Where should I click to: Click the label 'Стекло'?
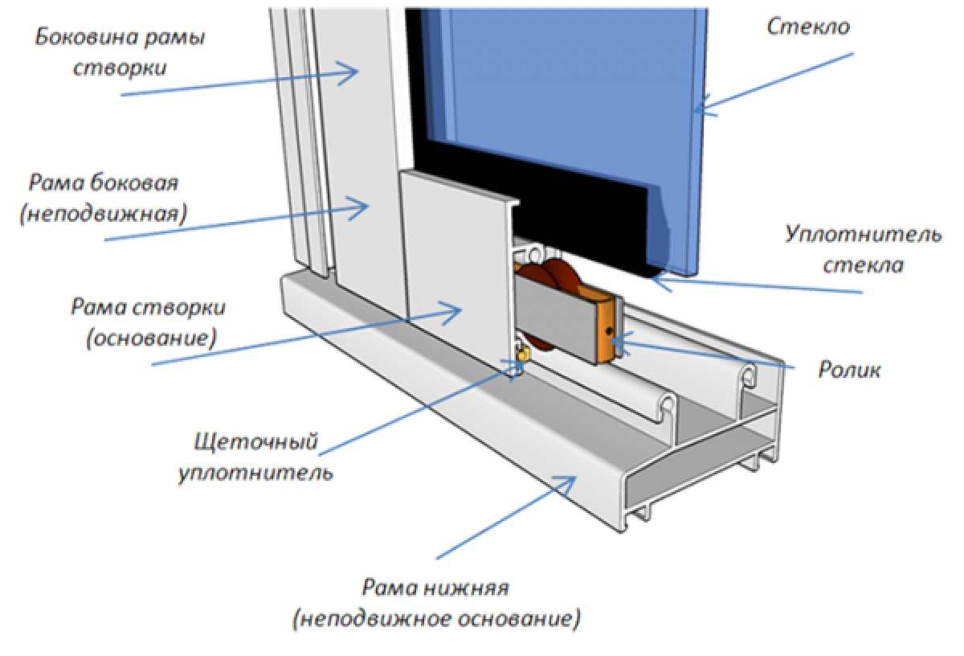click(808, 27)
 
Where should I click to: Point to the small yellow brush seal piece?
click(523, 352)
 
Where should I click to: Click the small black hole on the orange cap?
click(611, 331)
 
